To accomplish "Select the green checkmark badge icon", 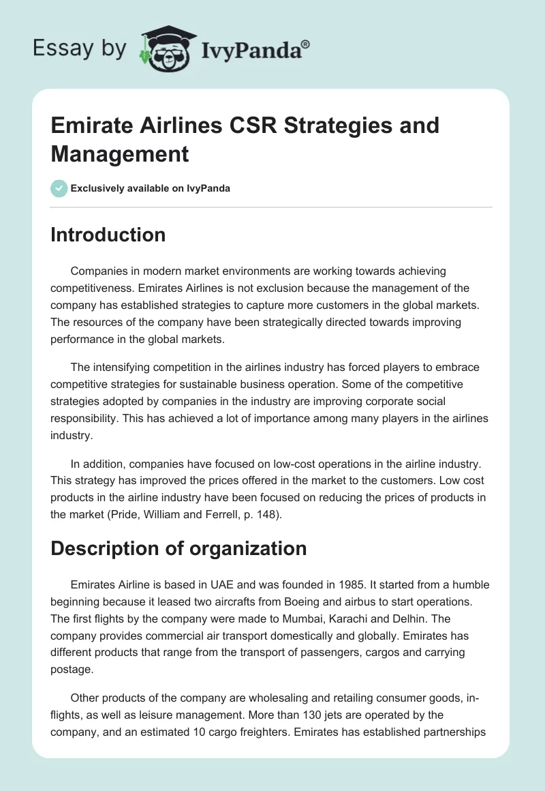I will pos(59,188).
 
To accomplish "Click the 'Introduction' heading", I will pos(108,235).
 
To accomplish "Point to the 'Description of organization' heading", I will pos(178,548).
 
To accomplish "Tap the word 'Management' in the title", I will pos(120,154).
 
